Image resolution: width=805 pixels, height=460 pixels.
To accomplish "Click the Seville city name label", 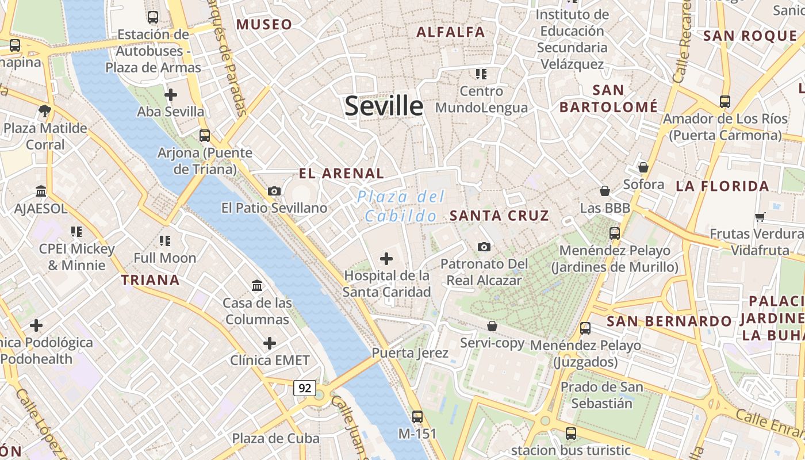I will click(x=384, y=106).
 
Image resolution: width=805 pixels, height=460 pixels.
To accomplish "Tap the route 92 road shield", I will click(x=305, y=388).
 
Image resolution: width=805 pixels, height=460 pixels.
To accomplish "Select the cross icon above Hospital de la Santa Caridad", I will click(x=386, y=259).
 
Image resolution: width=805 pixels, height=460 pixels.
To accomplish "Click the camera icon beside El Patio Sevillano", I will click(x=274, y=191).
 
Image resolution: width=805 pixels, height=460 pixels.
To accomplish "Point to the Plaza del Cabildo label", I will click(x=401, y=206).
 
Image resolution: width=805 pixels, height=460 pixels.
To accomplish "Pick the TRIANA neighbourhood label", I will click(x=150, y=281).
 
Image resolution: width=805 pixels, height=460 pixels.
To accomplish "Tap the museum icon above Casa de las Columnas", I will click(x=257, y=285).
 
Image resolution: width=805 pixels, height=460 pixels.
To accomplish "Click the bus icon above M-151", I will click(x=417, y=417).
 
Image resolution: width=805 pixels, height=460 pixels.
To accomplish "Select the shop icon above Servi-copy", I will click(x=492, y=326).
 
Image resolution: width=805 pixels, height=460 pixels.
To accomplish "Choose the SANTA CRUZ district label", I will click(x=499, y=216).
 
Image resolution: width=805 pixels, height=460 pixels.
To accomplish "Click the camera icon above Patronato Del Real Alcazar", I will click(x=484, y=247).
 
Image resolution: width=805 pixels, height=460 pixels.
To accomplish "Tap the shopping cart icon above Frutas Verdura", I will click(x=760, y=217).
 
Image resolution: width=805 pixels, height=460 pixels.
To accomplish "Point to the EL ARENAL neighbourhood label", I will click(x=341, y=173).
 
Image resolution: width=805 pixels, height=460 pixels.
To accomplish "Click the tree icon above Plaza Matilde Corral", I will click(x=44, y=110).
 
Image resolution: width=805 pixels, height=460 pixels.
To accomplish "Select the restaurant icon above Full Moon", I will click(x=165, y=240).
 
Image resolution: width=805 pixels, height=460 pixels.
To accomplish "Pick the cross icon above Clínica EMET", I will click(x=270, y=343).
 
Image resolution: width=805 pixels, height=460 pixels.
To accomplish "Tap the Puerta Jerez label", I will click(x=410, y=352).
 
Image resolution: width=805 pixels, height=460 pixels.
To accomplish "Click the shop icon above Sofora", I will click(x=643, y=167).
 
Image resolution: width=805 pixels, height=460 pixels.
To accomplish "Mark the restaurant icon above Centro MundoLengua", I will click(x=481, y=74).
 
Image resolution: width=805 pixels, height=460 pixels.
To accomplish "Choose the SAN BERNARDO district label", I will click(x=669, y=321).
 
